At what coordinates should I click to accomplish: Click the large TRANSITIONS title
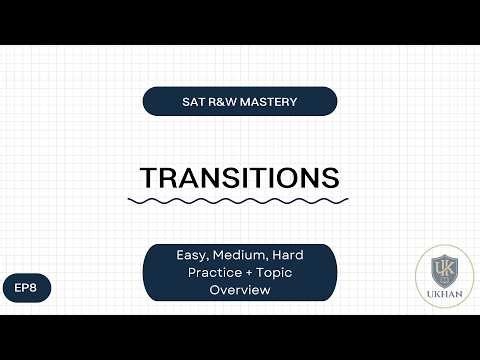click(x=240, y=177)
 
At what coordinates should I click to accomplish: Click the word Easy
click(x=180, y=256)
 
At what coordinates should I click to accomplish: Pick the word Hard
click(x=284, y=256)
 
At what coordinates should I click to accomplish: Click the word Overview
click(x=240, y=290)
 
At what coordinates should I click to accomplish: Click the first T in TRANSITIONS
click(x=149, y=177)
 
